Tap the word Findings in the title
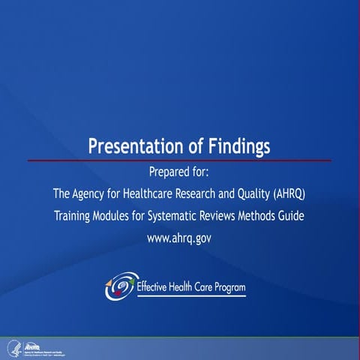click(x=238, y=145)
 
